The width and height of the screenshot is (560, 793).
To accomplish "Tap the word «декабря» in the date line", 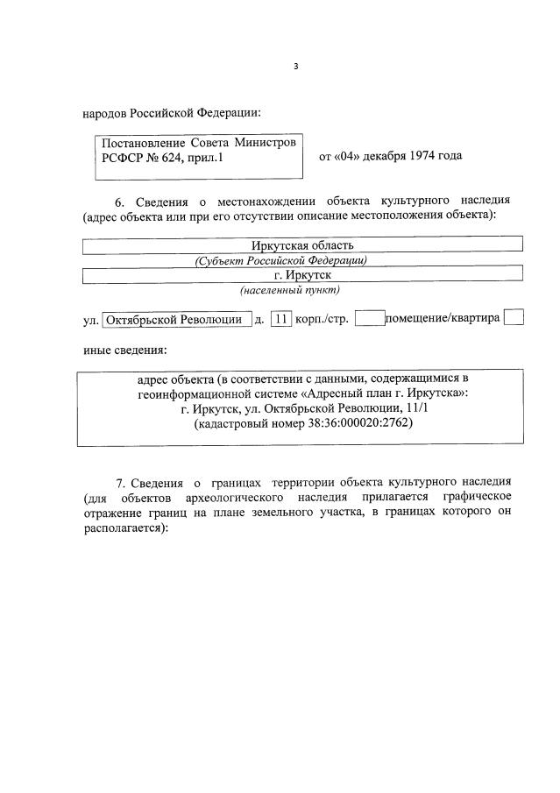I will (378, 156).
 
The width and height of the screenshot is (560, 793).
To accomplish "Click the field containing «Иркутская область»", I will (302, 244).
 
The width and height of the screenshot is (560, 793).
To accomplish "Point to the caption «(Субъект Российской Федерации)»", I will (280, 260).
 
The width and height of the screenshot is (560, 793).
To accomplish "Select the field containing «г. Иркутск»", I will (302, 275).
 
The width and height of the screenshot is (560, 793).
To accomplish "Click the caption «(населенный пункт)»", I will (290, 290).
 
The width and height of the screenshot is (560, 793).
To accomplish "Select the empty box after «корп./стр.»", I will (371, 318).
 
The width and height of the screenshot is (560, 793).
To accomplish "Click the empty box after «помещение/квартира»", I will (515, 317).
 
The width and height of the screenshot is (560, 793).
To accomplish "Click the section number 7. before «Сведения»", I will (122, 483).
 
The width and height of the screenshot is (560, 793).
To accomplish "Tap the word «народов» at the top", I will (105, 112).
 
